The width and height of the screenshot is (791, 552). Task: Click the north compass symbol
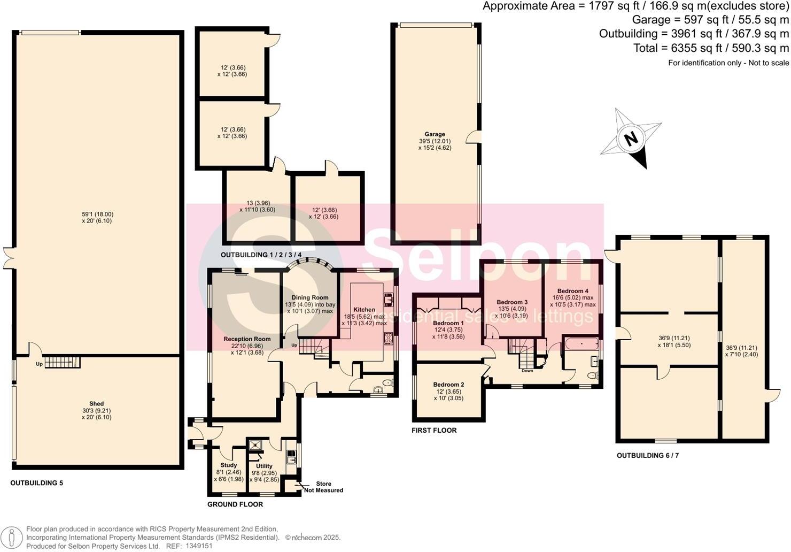(631, 139)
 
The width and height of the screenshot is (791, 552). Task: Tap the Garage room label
(435, 134)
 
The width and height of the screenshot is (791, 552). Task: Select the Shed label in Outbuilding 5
(97, 404)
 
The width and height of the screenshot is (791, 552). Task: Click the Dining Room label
(310, 297)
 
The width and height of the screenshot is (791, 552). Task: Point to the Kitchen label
(364, 310)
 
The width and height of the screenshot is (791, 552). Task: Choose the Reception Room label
(247, 339)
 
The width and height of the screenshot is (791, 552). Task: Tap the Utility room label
(264, 466)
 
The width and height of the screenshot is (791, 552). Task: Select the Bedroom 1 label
(448, 323)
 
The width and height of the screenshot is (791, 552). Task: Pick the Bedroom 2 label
(448, 384)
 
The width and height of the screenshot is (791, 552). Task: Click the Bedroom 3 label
(512, 302)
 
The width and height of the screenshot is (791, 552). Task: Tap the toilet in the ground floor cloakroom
(387, 383)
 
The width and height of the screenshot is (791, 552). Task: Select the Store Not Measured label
(323, 487)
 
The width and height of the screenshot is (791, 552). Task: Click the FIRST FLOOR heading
(434, 430)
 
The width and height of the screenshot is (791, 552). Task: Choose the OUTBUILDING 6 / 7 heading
(648, 456)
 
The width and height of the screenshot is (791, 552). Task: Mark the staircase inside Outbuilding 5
(61, 363)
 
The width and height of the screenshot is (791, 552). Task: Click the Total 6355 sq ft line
(711, 48)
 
